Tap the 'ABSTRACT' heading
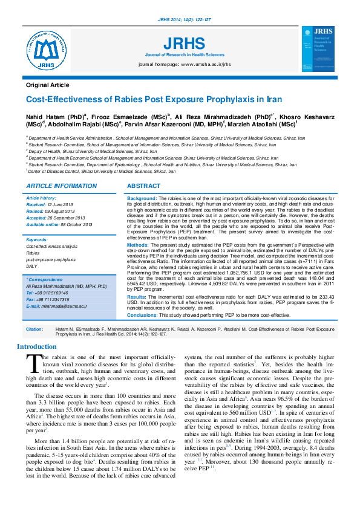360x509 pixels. point(144,186)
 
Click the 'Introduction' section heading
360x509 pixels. point(37,347)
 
